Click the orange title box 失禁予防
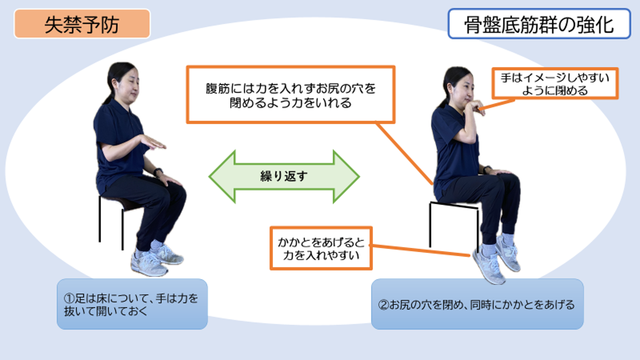[x=82, y=24]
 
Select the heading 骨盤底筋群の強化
[x=539, y=24]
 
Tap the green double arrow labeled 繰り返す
[x=284, y=177]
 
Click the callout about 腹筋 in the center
[x=291, y=94]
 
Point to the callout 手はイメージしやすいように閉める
[x=555, y=84]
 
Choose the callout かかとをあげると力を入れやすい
[x=321, y=248]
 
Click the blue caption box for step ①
[x=132, y=304]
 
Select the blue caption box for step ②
[x=477, y=304]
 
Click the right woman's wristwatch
[x=487, y=169]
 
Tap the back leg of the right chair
[x=430, y=224]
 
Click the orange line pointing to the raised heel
[x=420, y=250]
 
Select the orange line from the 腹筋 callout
[x=404, y=153]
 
